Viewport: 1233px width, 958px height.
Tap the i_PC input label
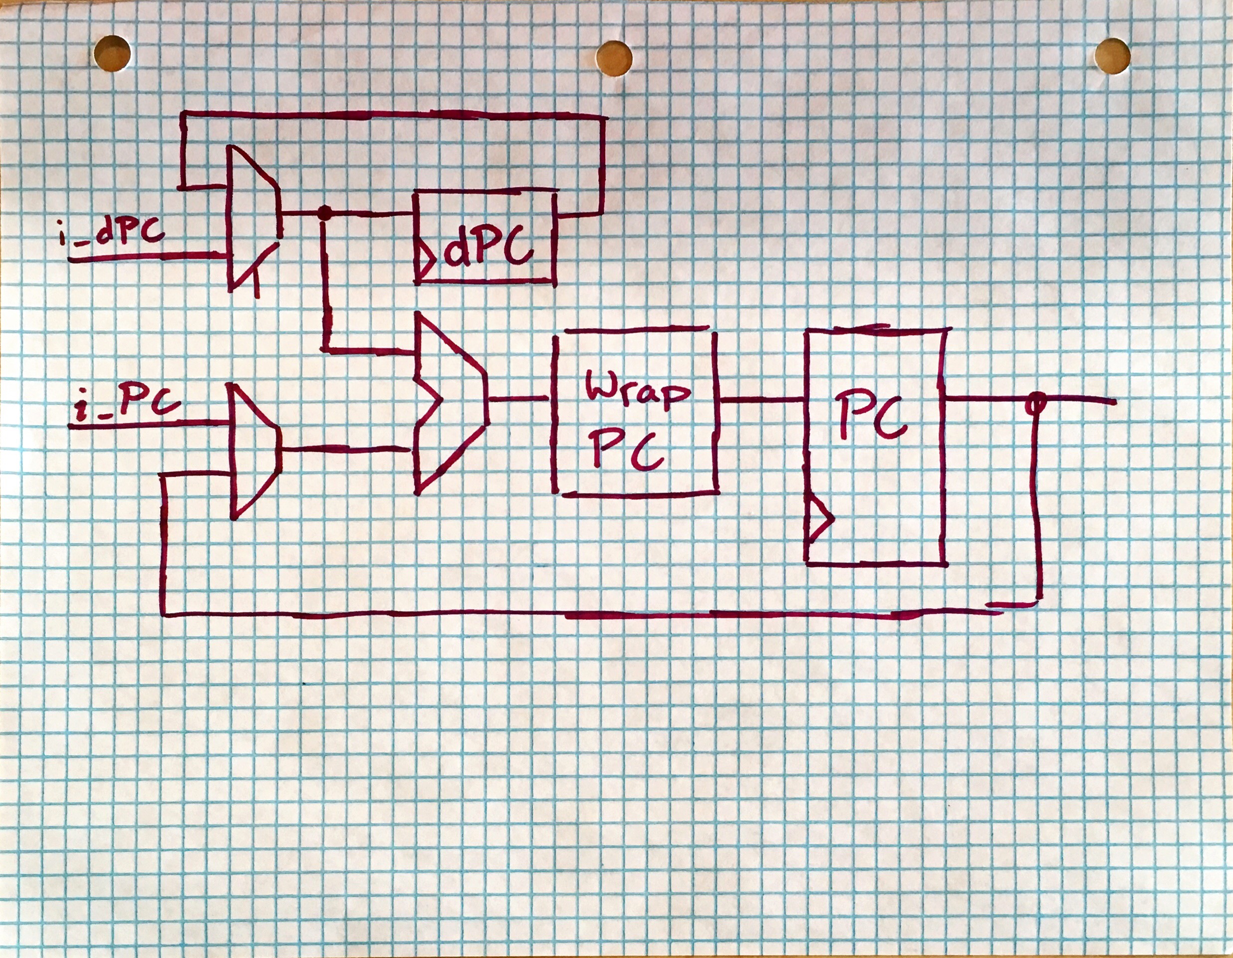click(127, 404)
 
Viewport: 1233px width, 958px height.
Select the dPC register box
click(486, 237)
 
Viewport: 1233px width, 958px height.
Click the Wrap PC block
click(635, 412)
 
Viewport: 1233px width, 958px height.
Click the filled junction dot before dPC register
click(324, 213)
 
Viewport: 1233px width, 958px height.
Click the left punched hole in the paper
click(112, 53)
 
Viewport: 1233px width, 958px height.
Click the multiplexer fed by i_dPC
click(251, 218)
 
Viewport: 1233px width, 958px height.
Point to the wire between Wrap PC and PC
click(762, 400)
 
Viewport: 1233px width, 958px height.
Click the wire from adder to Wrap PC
click(518, 399)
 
